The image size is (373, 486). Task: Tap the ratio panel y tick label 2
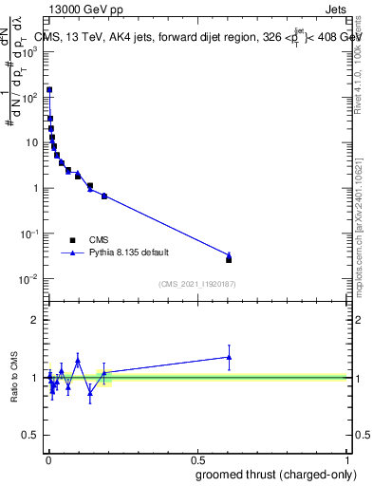(33, 321)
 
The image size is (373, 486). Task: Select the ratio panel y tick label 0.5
(28, 437)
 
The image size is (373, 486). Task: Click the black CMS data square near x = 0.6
(229, 259)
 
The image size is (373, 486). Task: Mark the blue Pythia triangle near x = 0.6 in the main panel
(229, 254)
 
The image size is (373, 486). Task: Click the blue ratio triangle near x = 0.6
(229, 357)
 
